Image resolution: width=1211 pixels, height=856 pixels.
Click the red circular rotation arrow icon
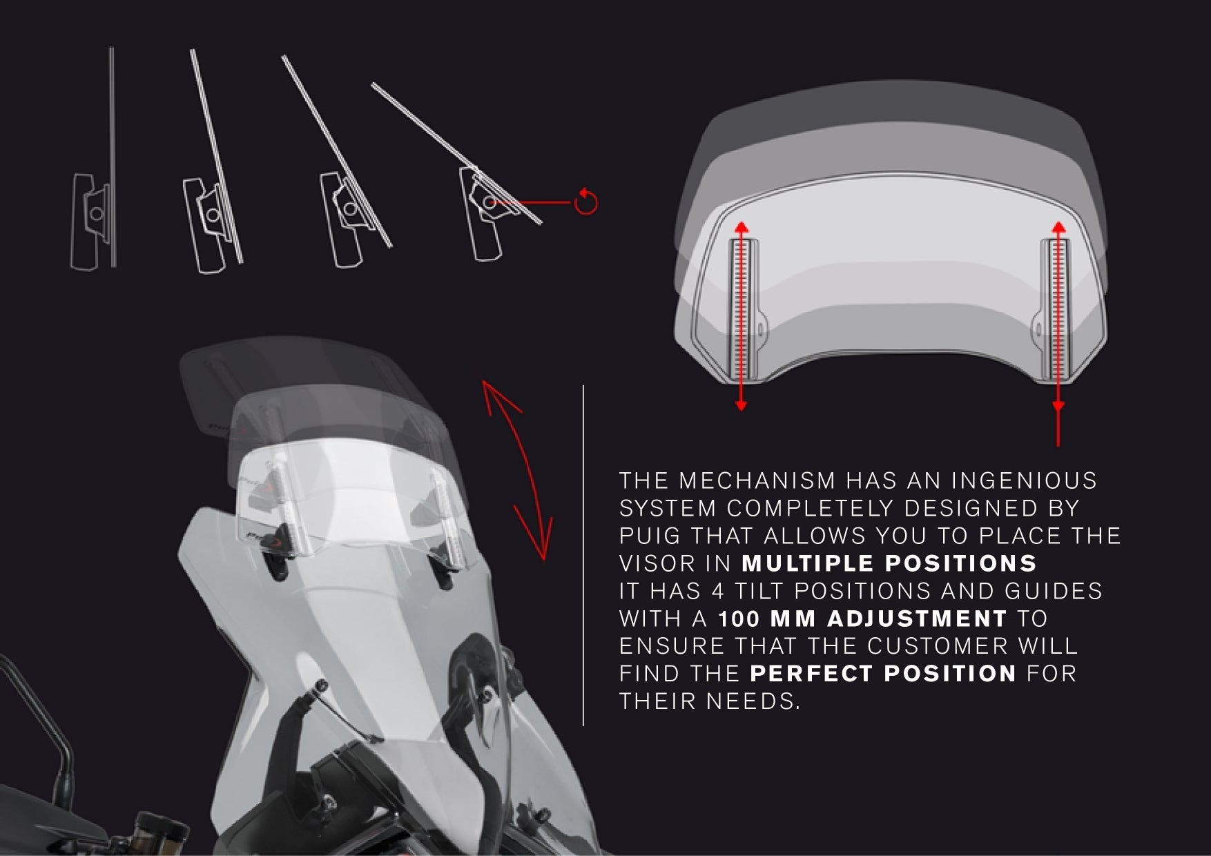[x=585, y=202]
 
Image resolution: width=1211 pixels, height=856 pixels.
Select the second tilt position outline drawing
[x=211, y=207]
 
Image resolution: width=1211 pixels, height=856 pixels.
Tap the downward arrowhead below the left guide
[x=741, y=406]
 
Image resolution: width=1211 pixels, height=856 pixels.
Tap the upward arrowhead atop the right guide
[x=1058, y=226]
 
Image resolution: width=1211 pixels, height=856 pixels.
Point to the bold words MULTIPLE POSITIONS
[x=889, y=563]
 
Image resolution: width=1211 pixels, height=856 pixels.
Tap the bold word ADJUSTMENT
[x=917, y=619]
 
